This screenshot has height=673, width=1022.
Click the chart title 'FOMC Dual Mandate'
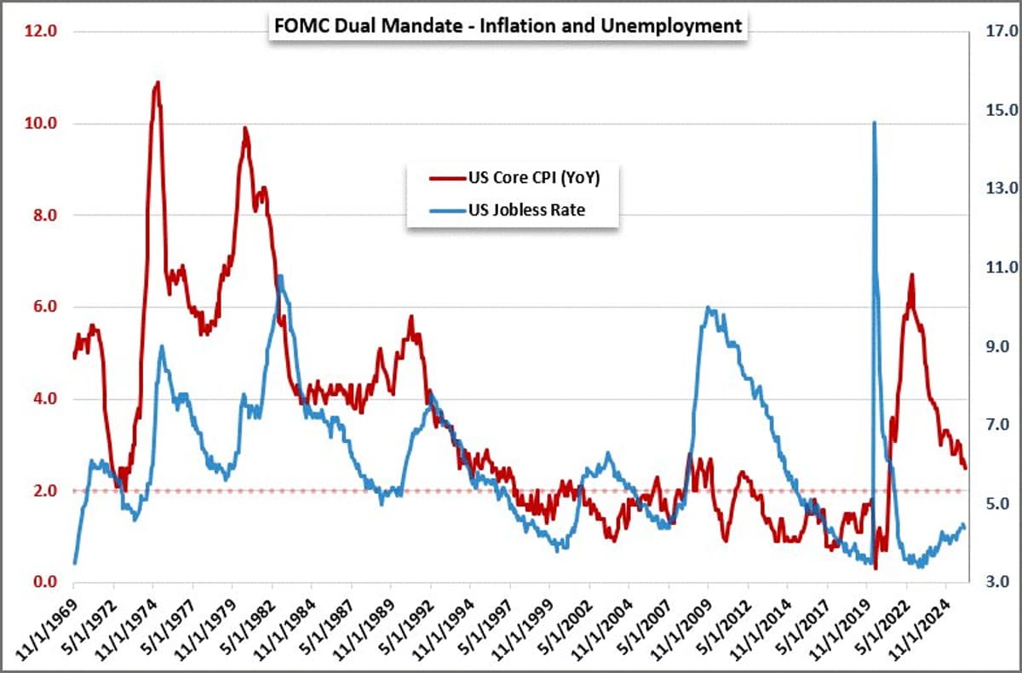coord(508,26)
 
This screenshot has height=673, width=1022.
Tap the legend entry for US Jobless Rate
coord(526,210)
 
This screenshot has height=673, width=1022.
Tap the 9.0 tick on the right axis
coord(999,347)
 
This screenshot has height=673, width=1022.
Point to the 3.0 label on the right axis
coord(999,583)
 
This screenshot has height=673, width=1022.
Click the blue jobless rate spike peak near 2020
coord(874,123)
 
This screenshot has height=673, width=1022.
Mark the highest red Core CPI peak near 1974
coord(157,83)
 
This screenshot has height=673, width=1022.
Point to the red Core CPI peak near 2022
coord(911,275)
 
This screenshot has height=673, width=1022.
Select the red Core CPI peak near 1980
coord(244,129)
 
